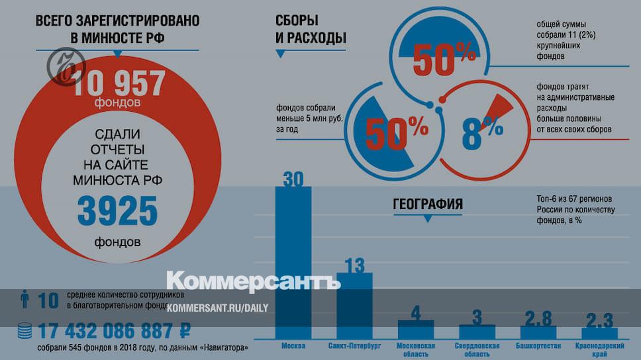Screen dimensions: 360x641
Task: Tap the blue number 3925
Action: tap(117, 211)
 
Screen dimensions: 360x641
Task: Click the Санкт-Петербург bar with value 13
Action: tap(354, 304)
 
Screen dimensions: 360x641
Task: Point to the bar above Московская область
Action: tap(415, 329)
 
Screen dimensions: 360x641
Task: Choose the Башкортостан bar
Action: tap(538, 332)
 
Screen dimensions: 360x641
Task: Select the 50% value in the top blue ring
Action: tap(443, 60)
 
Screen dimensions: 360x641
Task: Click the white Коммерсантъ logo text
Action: tap(254, 280)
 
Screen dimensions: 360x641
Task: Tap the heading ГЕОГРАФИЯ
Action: tap(428, 204)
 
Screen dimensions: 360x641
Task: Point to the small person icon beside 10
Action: tap(25, 300)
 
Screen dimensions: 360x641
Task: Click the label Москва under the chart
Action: tap(293, 346)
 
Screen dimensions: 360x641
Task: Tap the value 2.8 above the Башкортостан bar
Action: tap(537, 318)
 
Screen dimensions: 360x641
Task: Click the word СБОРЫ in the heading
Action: tap(297, 20)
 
